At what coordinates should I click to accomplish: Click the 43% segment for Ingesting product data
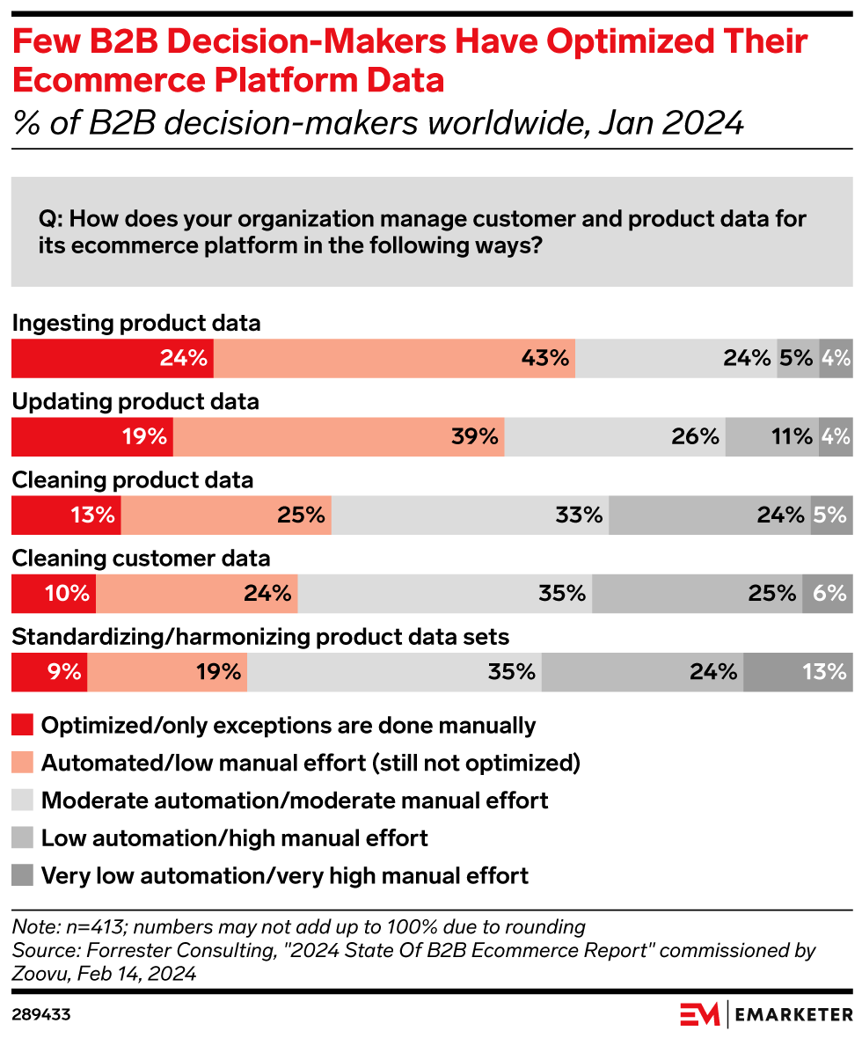pos(394,358)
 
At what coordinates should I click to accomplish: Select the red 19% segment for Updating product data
pos(91,436)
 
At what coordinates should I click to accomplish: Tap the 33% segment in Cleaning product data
pos(470,515)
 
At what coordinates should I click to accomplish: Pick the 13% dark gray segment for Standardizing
pos(798,672)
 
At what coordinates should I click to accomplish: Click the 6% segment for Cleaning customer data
pos(827,594)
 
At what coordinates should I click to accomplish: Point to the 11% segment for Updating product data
pos(771,436)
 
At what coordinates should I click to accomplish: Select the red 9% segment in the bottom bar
pos(49,672)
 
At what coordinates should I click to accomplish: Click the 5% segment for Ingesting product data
pos(798,358)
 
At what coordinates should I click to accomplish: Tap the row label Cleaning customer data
pos(141,559)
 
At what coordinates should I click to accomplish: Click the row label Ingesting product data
pos(136,323)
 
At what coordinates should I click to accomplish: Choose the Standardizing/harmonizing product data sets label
pos(260,636)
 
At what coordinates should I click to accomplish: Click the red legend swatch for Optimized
pos(23,726)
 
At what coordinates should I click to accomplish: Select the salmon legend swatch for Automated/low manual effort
pos(23,763)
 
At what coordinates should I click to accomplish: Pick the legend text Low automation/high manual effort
pos(235,838)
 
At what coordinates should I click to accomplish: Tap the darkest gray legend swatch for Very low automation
pos(23,876)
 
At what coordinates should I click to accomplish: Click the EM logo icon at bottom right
pos(700,1014)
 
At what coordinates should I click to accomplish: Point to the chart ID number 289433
pos(41,1014)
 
